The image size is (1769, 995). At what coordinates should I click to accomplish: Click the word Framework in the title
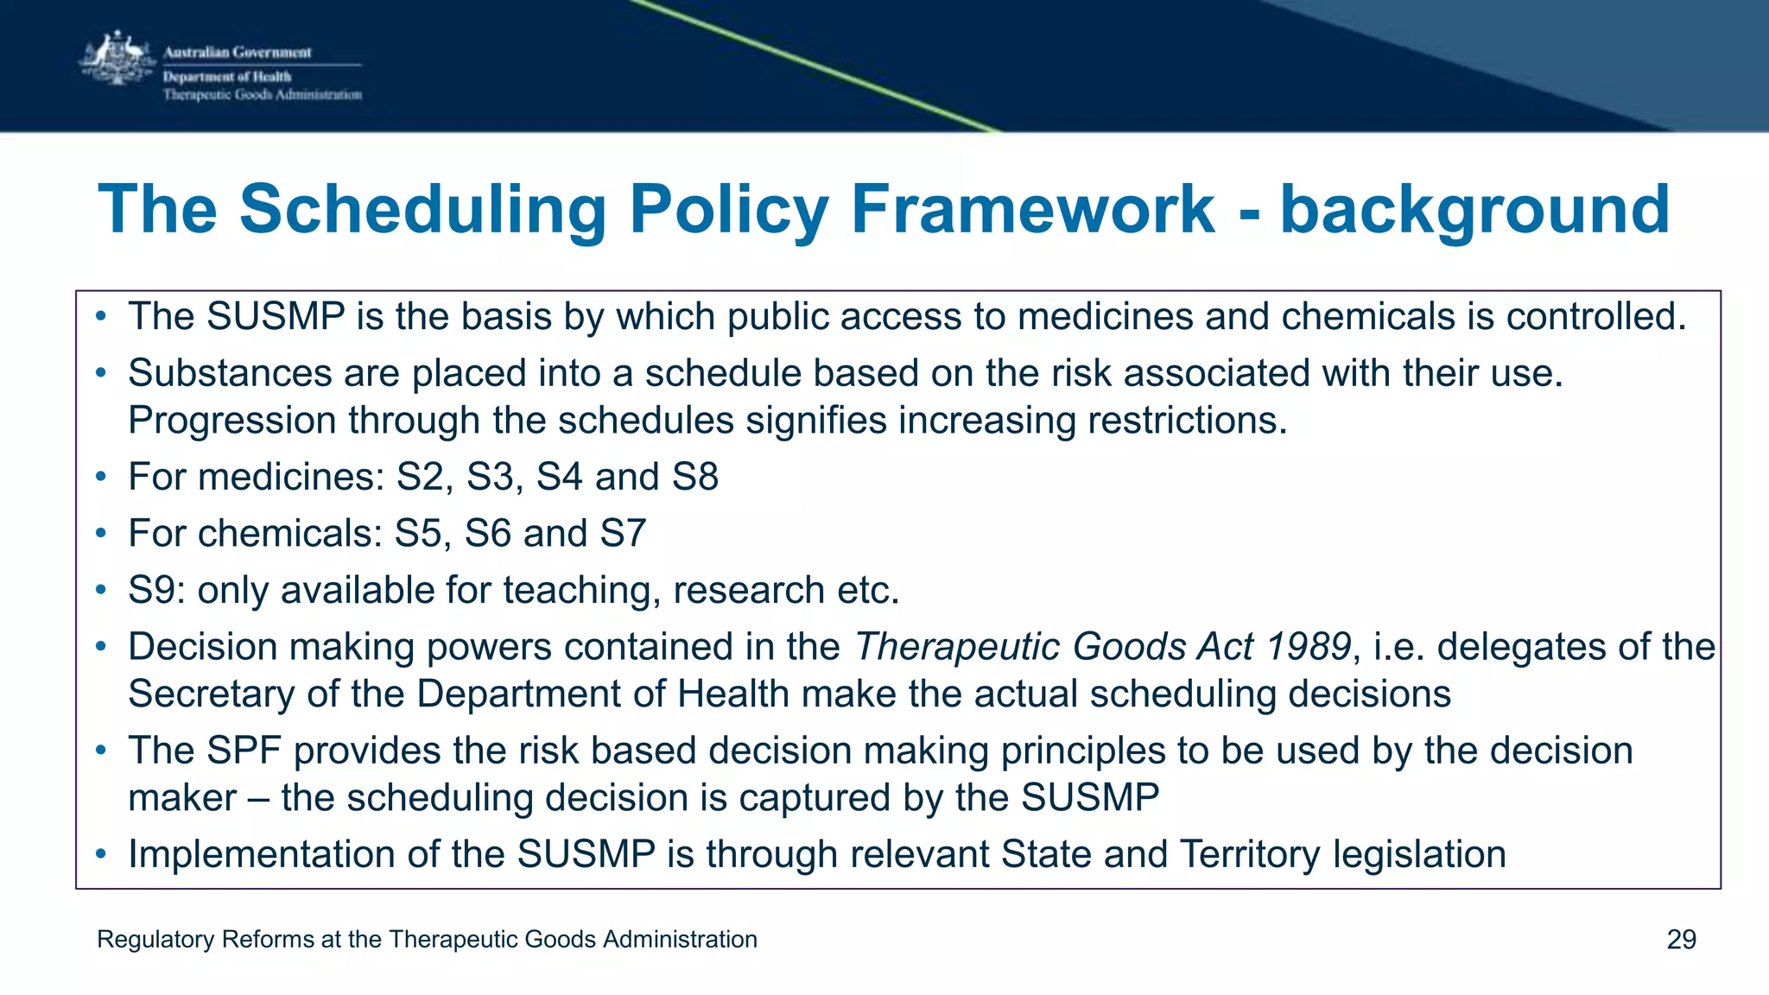pyautogui.click(x=1033, y=209)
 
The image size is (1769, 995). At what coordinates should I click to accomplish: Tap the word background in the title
pyautogui.click(x=1474, y=209)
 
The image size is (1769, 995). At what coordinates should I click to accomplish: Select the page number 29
pyautogui.click(x=1681, y=940)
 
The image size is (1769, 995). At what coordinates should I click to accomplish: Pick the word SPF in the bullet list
pyautogui.click(x=244, y=751)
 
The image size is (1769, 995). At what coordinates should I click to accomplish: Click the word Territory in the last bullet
pyautogui.click(x=1249, y=854)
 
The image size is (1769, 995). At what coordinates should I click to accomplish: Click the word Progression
pyautogui.click(x=232, y=421)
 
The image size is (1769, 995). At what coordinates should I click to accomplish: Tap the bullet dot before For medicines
pyautogui.click(x=101, y=477)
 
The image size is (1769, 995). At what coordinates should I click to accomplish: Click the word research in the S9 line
pyautogui.click(x=749, y=591)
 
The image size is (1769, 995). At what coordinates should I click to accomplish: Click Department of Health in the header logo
pyautogui.click(x=227, y=77)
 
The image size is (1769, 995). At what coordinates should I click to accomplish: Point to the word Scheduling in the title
pyautogui.click(x=423, y=209)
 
